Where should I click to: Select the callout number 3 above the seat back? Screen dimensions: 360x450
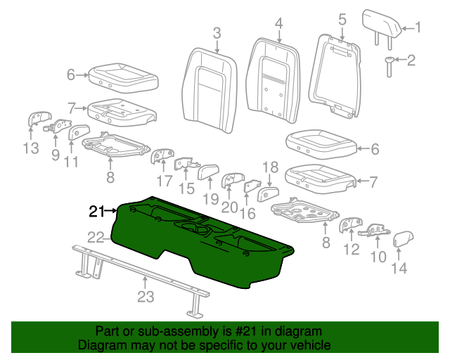point(217,33)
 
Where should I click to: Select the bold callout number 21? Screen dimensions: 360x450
point(97,210)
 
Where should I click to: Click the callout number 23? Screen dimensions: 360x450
point(145,297)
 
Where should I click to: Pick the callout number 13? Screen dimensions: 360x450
point(30,148)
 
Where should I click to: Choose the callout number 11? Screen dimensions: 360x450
point(72,163)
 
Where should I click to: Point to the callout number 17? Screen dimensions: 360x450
point(165,181)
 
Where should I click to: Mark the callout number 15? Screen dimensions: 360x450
point(186,188)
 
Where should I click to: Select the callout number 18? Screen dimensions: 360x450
point(271,167)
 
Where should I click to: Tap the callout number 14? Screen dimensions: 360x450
point(398,267)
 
